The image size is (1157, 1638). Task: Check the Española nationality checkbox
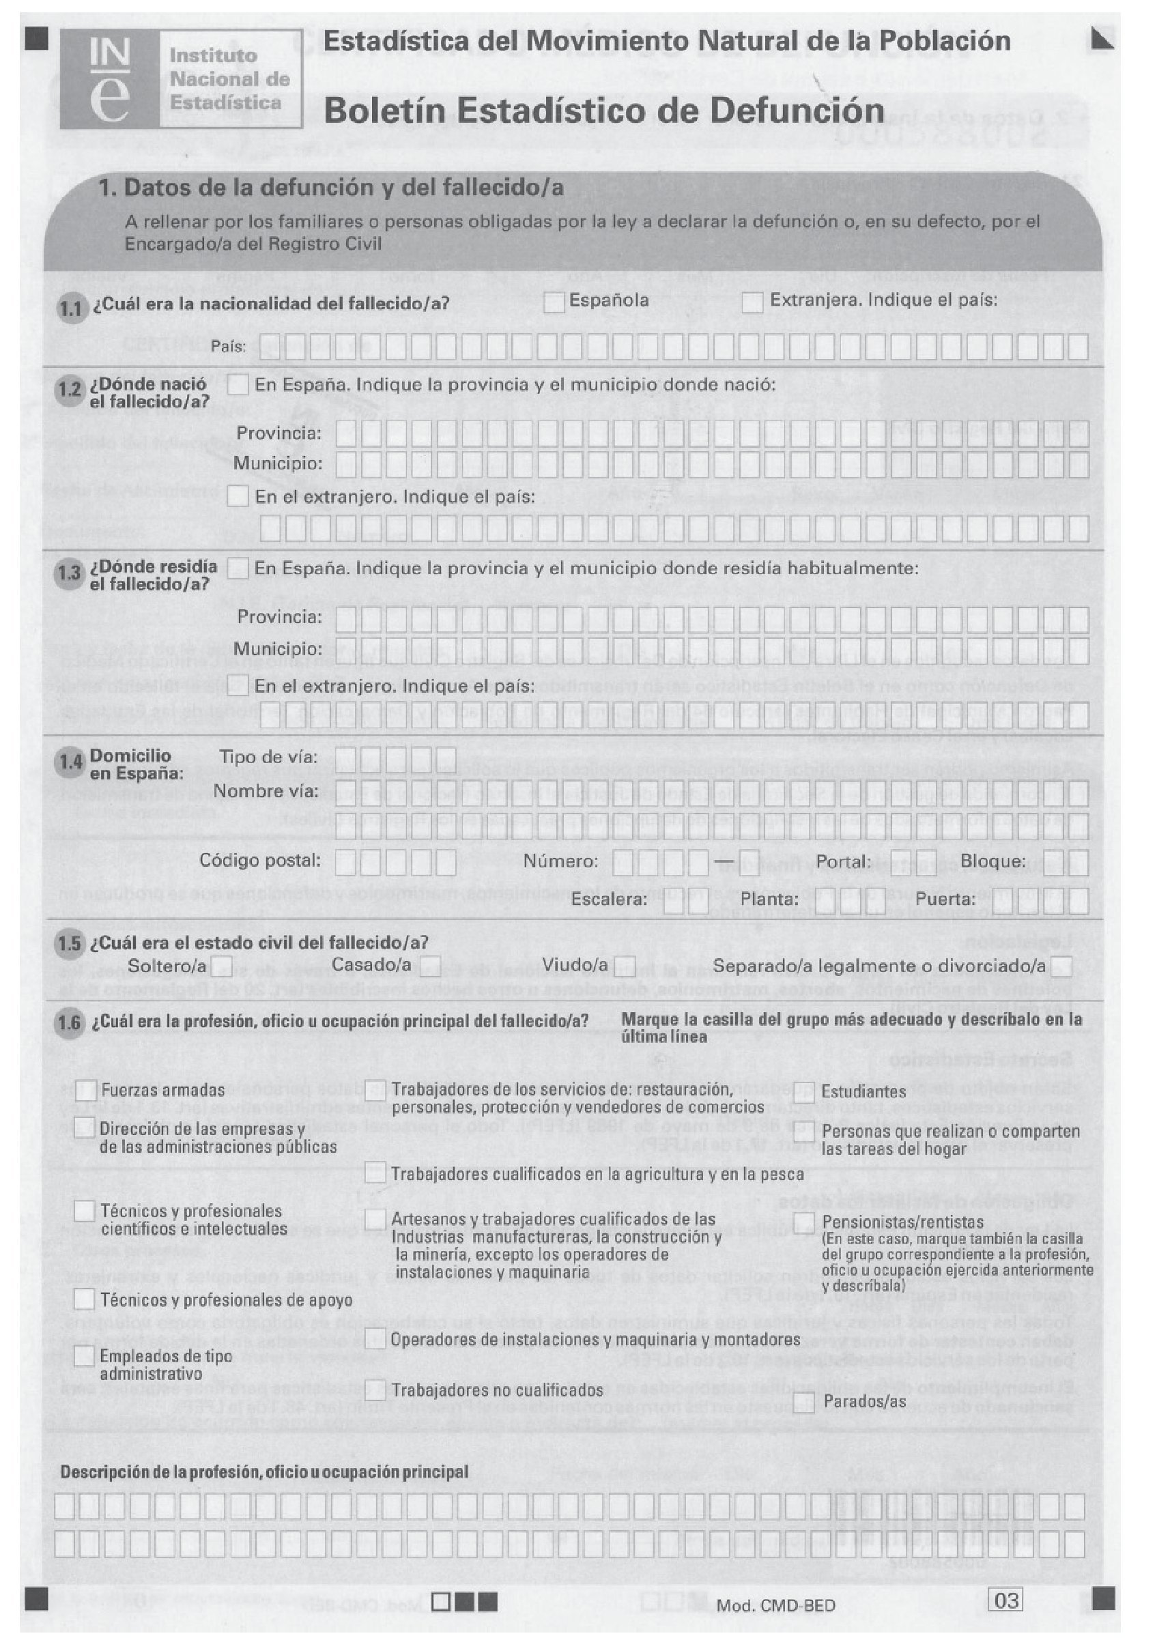coord(555,302)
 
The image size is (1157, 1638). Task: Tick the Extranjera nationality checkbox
coord(752,302)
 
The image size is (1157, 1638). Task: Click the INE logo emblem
coord(111,79)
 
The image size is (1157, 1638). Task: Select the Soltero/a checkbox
coord(222,966)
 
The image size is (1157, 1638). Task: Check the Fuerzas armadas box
coord(85,1090)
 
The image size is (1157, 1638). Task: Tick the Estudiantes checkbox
coord(804,1091)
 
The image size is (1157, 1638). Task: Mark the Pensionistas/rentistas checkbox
coord(804,1223)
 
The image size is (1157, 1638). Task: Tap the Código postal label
coord(259,861)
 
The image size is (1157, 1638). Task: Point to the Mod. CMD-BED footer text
coord(775,1606)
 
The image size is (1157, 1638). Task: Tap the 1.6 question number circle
coord(69,1024)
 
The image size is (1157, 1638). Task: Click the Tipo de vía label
coord(268,757)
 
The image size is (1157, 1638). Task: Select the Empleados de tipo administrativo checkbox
coord(85,1356)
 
